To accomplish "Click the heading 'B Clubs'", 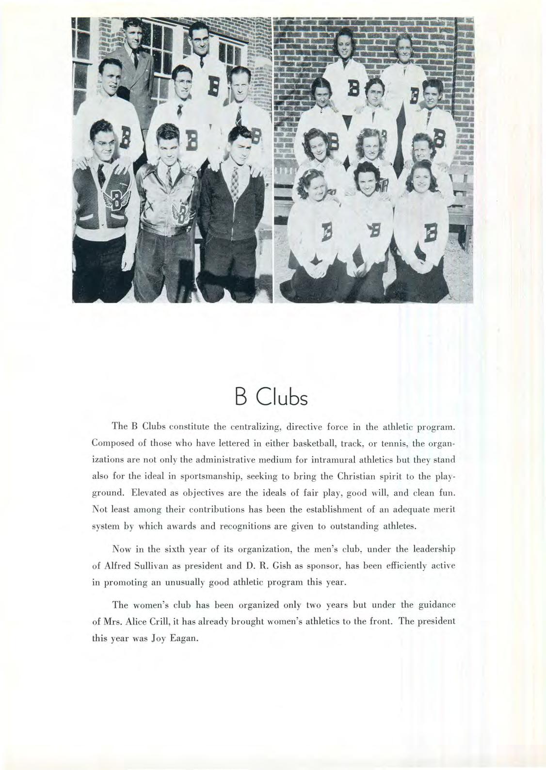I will pos(273,399).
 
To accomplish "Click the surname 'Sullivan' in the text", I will pos(147,566).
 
